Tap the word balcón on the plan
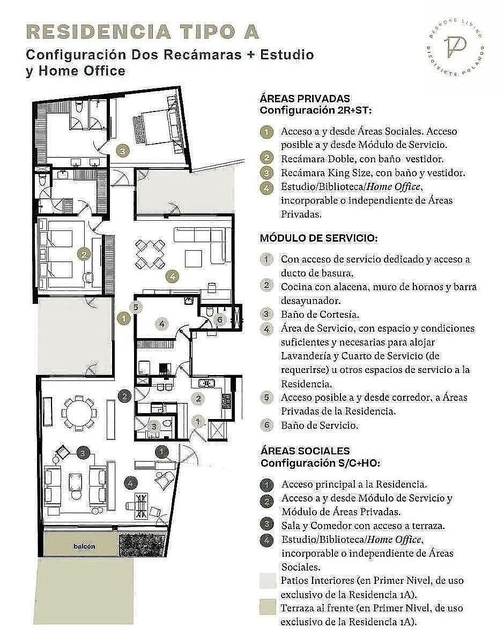pos(84,546)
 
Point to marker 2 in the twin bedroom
pos(84,254)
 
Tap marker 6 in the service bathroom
pos(220,319)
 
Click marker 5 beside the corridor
pos(136,308)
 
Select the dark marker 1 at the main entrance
pos(162,452)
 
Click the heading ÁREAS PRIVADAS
pos(305,99)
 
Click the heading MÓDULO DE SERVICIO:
pos(318,238)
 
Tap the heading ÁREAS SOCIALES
pos(305,451)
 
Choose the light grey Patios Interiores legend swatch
pos(268,580)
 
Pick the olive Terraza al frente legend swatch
pos(268,607)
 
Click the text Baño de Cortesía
pos(320,314)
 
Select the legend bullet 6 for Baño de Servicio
pos(266,425)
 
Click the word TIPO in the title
pos(205,32)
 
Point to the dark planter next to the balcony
pos(142,544)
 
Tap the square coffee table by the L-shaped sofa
pos(194,259)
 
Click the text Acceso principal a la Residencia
pos(354,484)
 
